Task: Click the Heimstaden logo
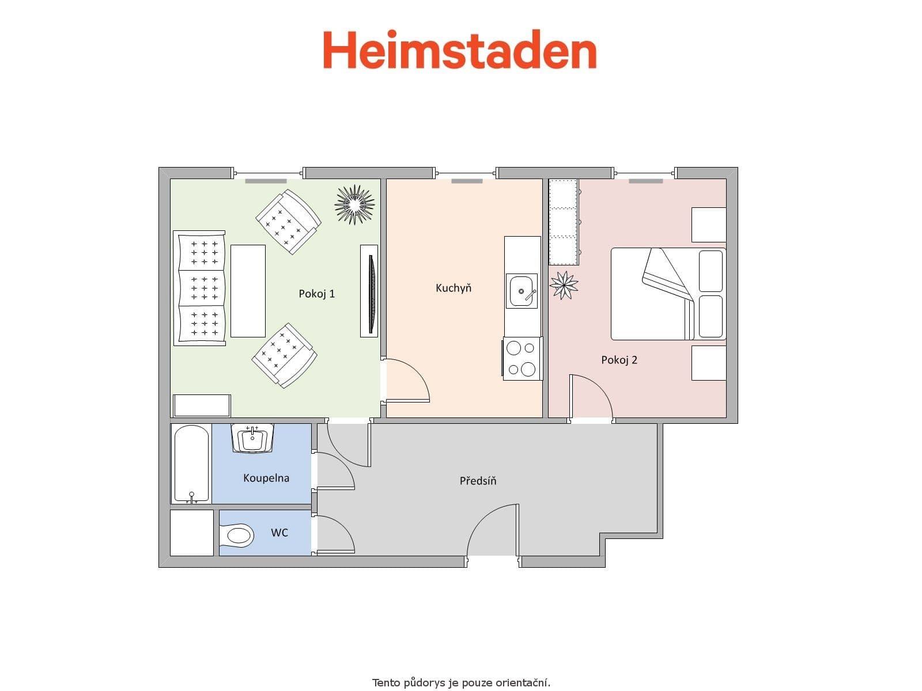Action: coord(459,50)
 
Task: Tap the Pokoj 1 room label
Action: coord(316,294)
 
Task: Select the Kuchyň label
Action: coord(454,288)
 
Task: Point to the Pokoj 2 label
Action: coord(619,360)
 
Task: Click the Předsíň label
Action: coord(478,481)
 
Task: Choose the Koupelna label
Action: coord(266,478)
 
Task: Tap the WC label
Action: coord(279,533)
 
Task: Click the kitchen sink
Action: coord(522,291)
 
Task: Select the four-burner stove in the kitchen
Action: coord(522,358)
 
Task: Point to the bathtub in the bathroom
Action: coord(191,464)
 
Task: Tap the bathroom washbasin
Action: coord(252,439)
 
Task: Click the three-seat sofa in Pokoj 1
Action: coord(199,287)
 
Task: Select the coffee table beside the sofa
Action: coord(248,291)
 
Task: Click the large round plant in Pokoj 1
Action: coord(354,204)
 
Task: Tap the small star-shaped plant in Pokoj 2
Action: coord(564,284)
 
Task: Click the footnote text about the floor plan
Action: coord(461,683)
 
